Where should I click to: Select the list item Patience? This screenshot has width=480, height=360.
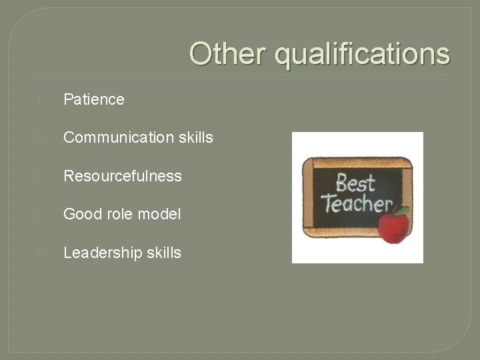[94, 100]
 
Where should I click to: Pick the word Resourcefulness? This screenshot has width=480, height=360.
[122, 176]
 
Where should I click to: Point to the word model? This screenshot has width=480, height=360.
[159, 215]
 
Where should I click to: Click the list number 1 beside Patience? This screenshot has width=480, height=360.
[40, 101]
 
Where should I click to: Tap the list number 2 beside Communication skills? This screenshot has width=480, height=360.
[40, 139]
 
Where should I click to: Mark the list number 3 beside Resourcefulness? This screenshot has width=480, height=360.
[40, 177]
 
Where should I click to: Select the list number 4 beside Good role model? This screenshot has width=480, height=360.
[40, 216]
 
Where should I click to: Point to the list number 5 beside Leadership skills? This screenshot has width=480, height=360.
[40, 254]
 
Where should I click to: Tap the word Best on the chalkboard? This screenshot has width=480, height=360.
[355, 182]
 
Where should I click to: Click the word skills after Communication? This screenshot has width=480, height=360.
[195, 138]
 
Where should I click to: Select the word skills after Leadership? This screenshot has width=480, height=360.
[163, 253]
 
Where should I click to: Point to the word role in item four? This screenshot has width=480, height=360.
[123, 215]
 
